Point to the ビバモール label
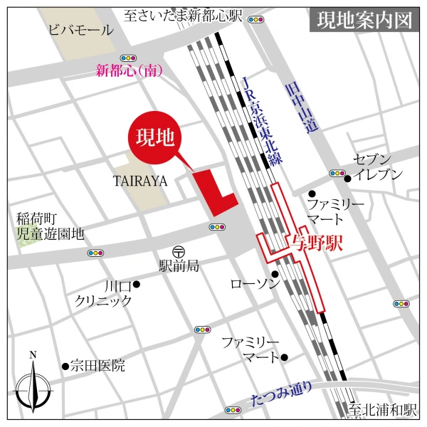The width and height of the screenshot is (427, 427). click(x=80, y=31)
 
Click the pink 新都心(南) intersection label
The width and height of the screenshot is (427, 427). click(x=129, y=70)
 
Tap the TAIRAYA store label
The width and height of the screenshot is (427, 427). click(x=139, y=181)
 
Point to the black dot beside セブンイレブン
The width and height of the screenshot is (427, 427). click(x=347, y=178)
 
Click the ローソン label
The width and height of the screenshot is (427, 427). click(x=251, y=284)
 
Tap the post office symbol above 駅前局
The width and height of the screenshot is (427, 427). click(x=178, y=251)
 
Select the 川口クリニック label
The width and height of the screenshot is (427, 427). click(x=104, y=293)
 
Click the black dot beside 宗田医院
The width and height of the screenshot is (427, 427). click(x=65, y=367)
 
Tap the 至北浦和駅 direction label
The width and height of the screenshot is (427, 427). click(x=382, y=411)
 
